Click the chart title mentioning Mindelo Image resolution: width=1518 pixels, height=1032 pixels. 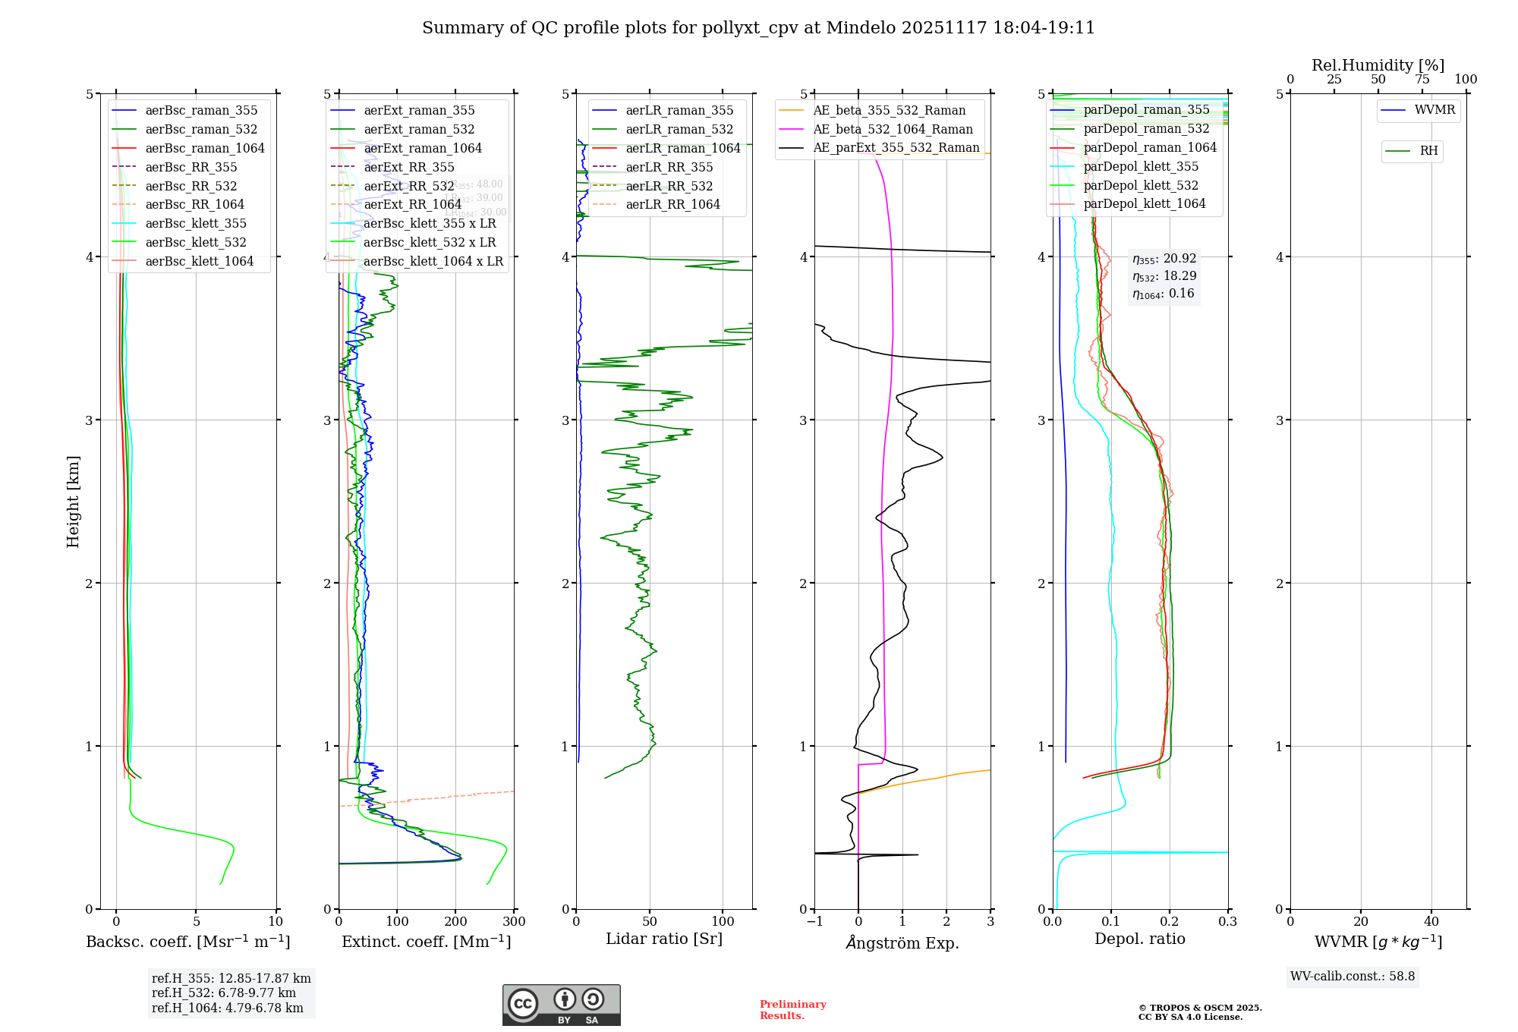click(758, 28)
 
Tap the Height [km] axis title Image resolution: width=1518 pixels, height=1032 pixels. click(73, 502)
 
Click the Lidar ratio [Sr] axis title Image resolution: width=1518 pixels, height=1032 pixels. click(664, 939)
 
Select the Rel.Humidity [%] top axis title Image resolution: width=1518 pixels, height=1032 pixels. click(1378, 65)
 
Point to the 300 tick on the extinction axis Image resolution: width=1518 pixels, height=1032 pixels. click(514, 922)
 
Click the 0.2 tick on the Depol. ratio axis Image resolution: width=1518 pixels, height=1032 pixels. click(1170, 922)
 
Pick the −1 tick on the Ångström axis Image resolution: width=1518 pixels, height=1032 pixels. click(814, 922)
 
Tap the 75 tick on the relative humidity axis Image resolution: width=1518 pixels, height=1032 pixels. click(1422, 80)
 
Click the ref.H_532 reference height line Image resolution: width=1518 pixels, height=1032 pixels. click(223, 993)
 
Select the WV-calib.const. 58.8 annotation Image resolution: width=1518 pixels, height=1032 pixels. click(1353, 976)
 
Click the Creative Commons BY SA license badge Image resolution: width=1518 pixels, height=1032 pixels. click(561, 1005)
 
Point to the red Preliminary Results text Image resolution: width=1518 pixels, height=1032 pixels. click(792, 1009)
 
